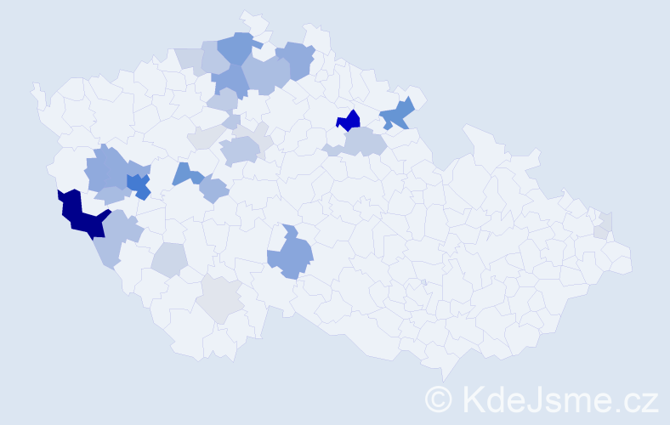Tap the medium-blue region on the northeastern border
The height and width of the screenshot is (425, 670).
[x=397, y=114]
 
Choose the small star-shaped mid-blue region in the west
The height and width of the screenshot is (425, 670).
[x=138, y=184]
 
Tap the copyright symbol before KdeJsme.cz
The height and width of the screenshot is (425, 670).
[x=439, y=399]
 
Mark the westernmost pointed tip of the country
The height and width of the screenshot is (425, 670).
[x=34, y=87]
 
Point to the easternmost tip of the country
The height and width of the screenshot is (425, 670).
[x=631, y=260]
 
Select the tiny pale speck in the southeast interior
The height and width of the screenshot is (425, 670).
[x=423, y=282]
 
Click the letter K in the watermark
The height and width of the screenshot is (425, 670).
[x=473, y=398]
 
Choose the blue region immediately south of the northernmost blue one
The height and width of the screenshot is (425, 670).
[x=230, y=80]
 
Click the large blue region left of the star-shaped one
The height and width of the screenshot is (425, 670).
[x=105, y=167]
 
